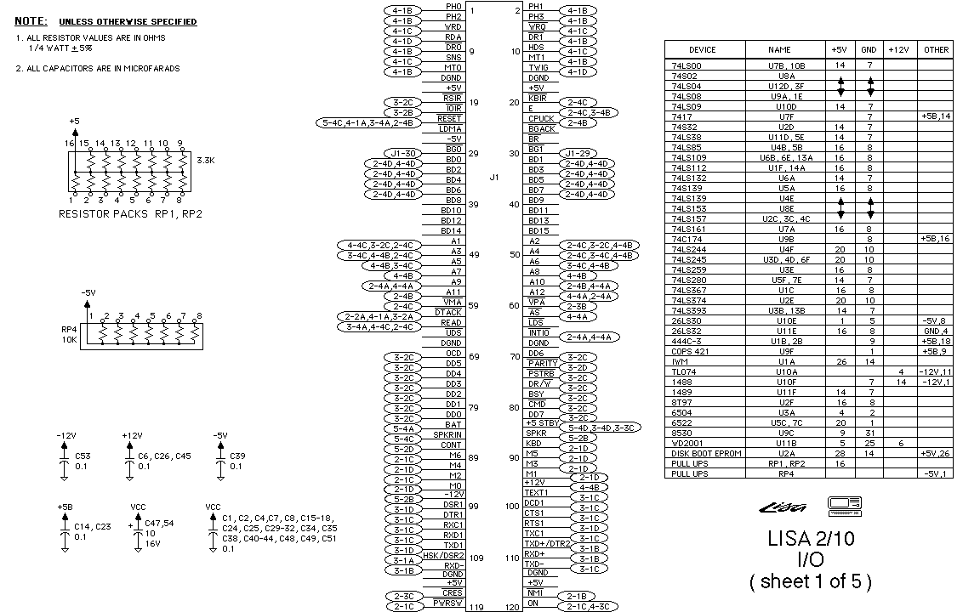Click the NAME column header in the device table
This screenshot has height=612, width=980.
[x=778, y=50]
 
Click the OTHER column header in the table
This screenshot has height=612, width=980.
[x=936, y=50]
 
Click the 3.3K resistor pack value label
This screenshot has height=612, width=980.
[x=205, y=160]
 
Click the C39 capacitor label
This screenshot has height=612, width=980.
[x=237, y=456]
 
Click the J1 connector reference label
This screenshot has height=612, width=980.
[x=494, y=178]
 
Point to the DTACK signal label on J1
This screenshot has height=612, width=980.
[x=448, y=313]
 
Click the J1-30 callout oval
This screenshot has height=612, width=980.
[x=401, y=153]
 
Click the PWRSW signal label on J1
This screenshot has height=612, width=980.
[x=447, y=603]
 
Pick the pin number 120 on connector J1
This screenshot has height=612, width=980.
[x=511, y=608]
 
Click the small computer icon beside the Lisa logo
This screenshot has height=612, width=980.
[x=844, y=507]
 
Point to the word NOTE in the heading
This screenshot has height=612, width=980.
[x=31, y=20]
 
